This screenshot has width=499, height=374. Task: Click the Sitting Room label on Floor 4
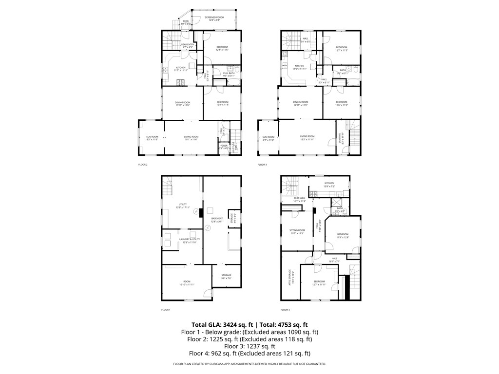[297, 231]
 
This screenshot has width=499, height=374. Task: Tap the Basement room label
[217, 220]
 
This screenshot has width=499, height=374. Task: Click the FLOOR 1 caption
[166, 310]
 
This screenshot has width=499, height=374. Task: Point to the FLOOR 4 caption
[285, 310]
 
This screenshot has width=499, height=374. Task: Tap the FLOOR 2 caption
[143, 165]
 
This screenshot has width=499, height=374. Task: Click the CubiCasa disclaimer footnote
[249, 364]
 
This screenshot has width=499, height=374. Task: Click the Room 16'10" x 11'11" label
[187, 283]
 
